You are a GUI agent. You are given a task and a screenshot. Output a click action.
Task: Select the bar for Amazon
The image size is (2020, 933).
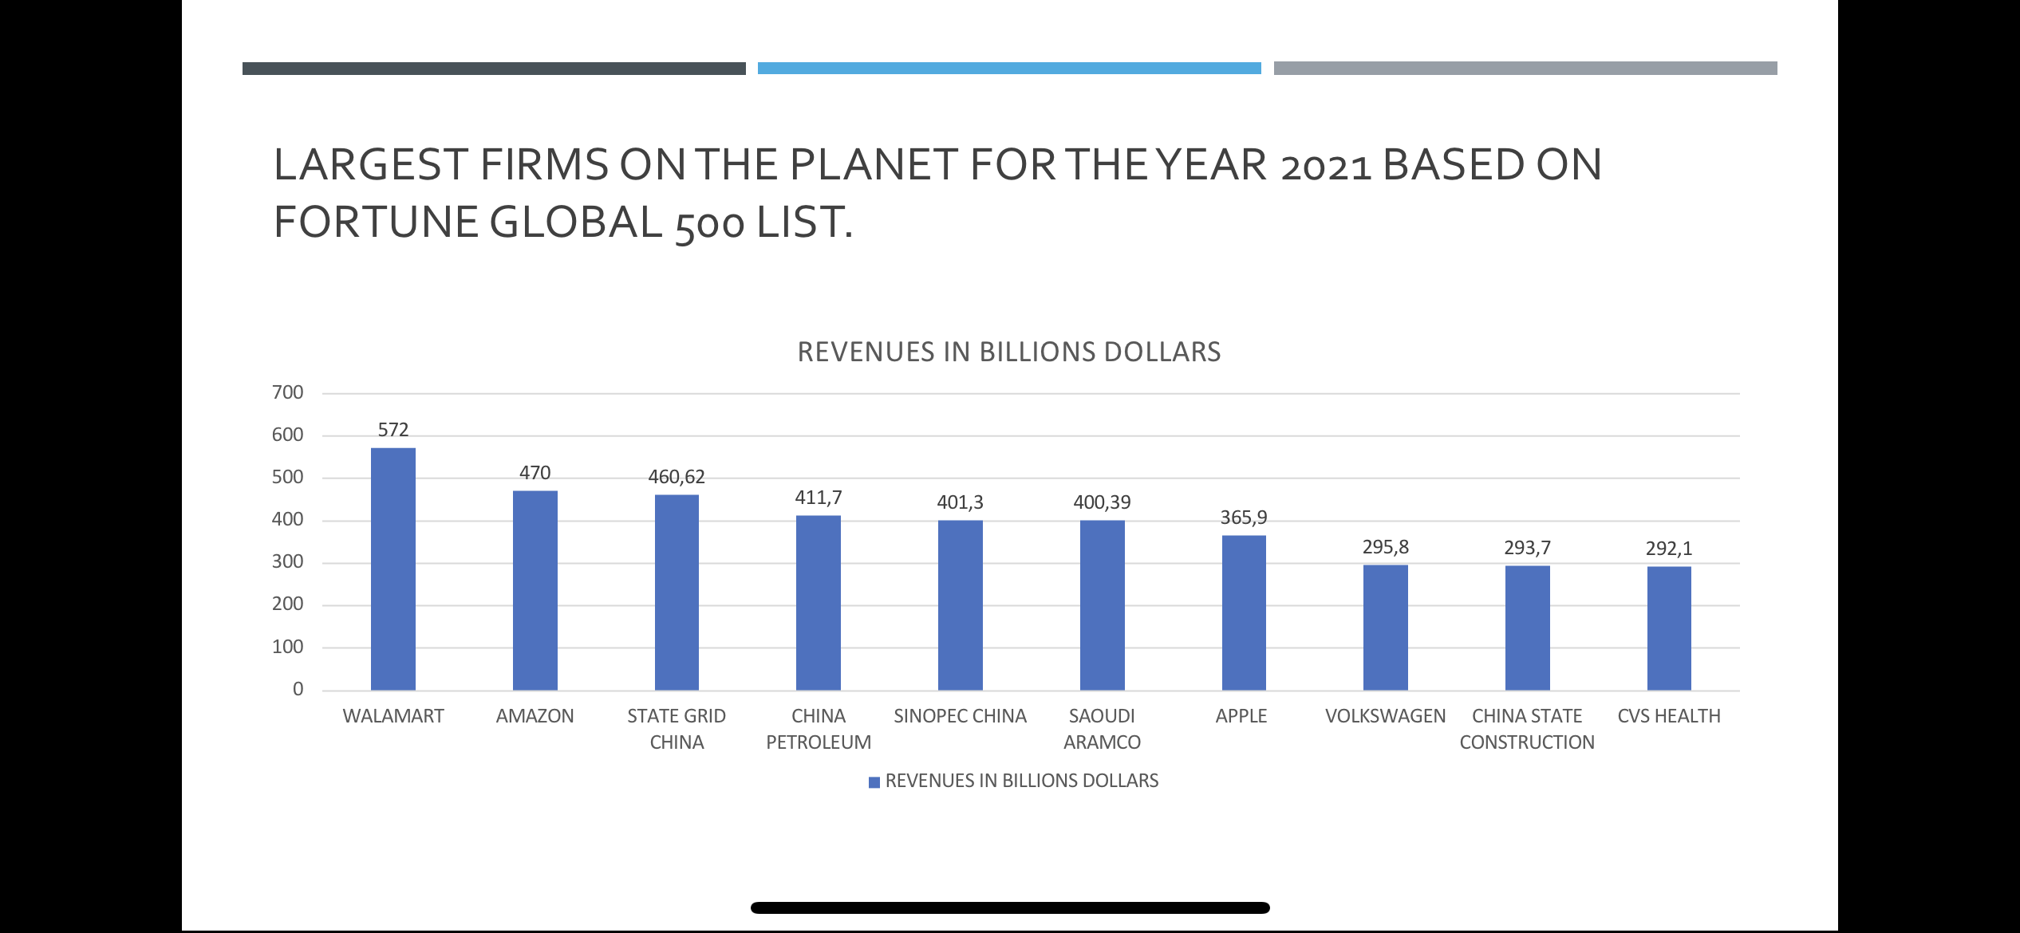[x=535, y=590]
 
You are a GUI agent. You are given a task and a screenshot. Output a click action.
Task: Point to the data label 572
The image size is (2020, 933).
[x=393, y=431]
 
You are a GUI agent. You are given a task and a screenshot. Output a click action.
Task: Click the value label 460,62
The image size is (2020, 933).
[x=677, y=477]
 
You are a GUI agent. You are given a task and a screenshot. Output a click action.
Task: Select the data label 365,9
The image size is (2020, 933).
[x=1244, y=518]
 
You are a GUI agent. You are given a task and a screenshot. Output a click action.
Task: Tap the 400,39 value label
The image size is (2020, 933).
[x=1102, y=502]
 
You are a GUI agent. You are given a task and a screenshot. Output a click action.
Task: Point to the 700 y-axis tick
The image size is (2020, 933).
[x=287, y=392]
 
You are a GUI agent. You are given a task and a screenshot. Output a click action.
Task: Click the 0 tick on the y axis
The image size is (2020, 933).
[x=298, y=689]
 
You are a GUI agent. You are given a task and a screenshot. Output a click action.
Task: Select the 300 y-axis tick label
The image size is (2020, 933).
[x=287, y=561]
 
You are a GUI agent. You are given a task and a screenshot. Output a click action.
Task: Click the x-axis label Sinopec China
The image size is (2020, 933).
[x=960, y=716]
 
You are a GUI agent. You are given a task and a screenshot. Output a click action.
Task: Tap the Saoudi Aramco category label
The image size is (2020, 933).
[x=1102, y=729]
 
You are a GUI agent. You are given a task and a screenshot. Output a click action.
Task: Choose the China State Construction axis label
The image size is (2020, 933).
[x=1527, y=729]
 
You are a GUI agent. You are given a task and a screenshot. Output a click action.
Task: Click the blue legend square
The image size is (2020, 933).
[x=874, y=781]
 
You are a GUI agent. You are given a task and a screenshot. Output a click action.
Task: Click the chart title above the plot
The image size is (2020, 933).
[x=1009, y=352]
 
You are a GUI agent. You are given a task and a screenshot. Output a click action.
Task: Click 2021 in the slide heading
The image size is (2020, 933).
[x=1325, y=166]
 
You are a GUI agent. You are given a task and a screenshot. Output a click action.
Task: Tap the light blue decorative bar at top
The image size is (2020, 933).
[x=1009, y=69]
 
